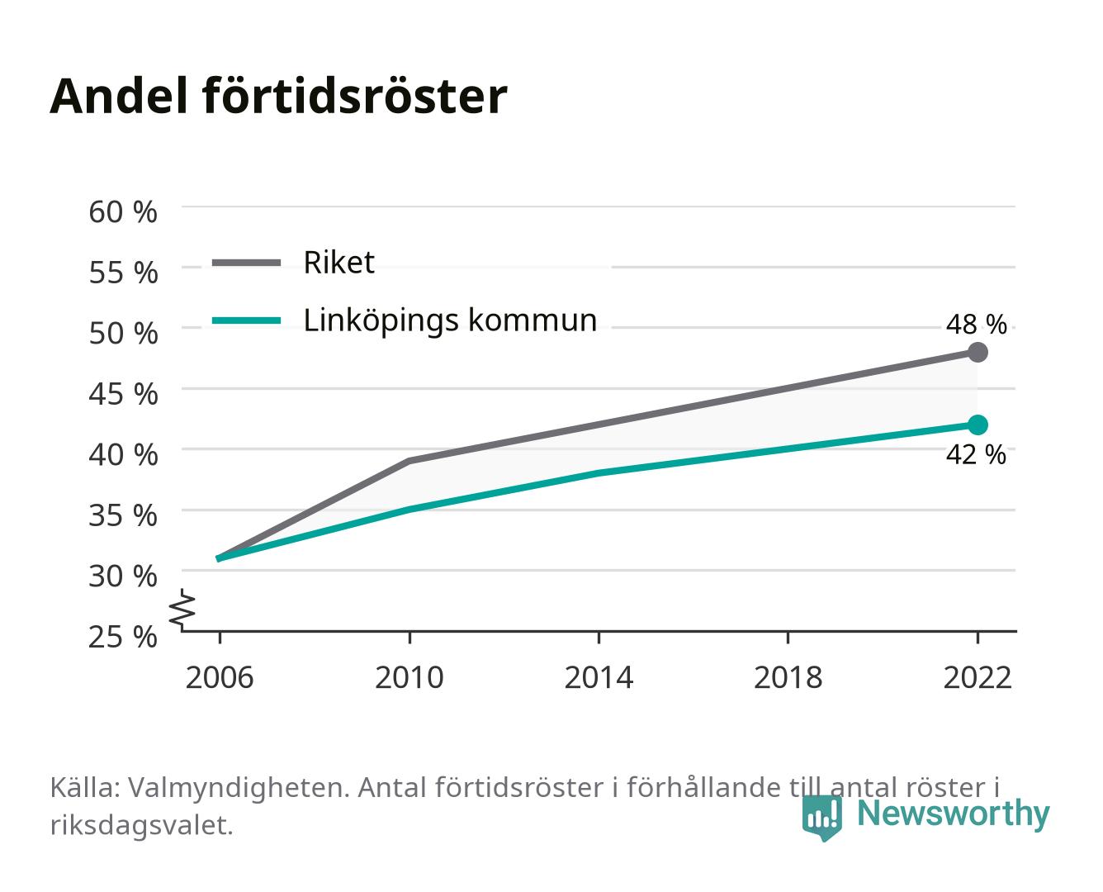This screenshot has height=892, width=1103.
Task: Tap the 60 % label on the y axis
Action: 123,212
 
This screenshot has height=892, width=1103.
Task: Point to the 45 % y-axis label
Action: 123,394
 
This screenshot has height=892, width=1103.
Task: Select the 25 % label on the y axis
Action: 123,637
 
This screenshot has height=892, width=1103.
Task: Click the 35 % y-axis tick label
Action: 123,515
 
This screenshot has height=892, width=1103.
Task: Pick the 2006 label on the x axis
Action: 220,677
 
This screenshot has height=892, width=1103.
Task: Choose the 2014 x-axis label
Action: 599,677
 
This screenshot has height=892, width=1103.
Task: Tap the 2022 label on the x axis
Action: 978,677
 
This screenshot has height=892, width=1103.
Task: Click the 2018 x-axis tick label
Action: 788,677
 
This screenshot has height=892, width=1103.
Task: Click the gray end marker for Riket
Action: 978,353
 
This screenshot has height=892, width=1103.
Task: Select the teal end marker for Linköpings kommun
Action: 978,425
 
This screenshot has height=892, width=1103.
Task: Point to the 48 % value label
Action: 976,325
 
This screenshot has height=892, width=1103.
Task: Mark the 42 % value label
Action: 976,455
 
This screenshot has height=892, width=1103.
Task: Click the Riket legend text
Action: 338,262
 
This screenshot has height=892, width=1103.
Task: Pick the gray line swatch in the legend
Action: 247,263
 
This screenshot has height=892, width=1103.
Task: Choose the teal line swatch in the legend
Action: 247,320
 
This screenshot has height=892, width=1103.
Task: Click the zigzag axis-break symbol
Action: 182,610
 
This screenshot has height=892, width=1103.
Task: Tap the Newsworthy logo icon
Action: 821,818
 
